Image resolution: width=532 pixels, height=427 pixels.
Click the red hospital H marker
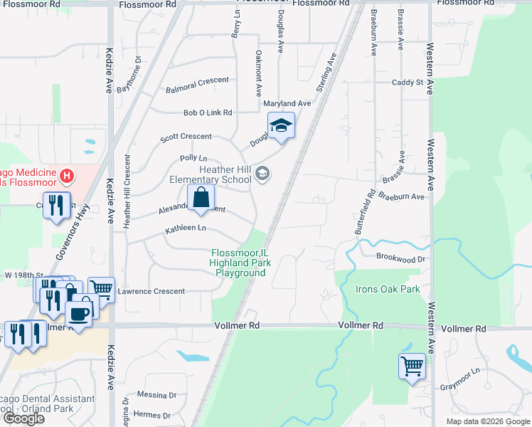click(x=66, y=175)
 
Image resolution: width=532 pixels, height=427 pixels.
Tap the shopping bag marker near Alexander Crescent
click(x=201, y=198)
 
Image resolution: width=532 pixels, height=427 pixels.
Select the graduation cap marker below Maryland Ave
click(x=282, y=127)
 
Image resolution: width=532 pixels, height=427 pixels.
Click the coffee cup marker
click(x=79, y=313)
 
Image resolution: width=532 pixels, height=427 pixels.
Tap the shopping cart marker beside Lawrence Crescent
click(x=101, y=290)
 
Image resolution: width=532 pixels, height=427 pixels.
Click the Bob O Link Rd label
click(x=208, y=112)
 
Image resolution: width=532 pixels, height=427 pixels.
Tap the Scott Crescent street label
click(x=186, y=136)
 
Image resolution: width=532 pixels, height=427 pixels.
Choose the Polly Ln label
click(x=193, y=158)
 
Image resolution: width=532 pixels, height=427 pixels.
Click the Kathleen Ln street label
click(x=186, y=229)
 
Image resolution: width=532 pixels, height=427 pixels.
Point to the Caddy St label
click(x=408, y=83)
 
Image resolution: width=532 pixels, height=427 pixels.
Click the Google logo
click(x=23, y=418)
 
